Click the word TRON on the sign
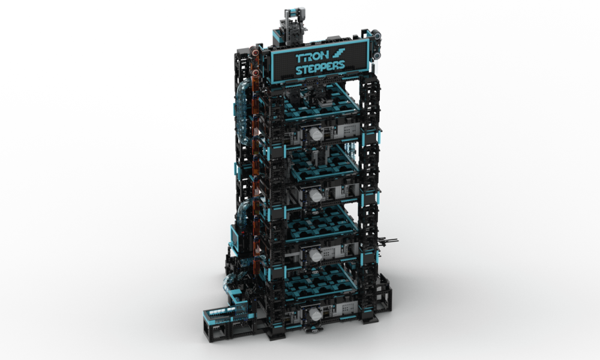[x=311, y=58]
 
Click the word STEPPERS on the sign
[x=320, y=70]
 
